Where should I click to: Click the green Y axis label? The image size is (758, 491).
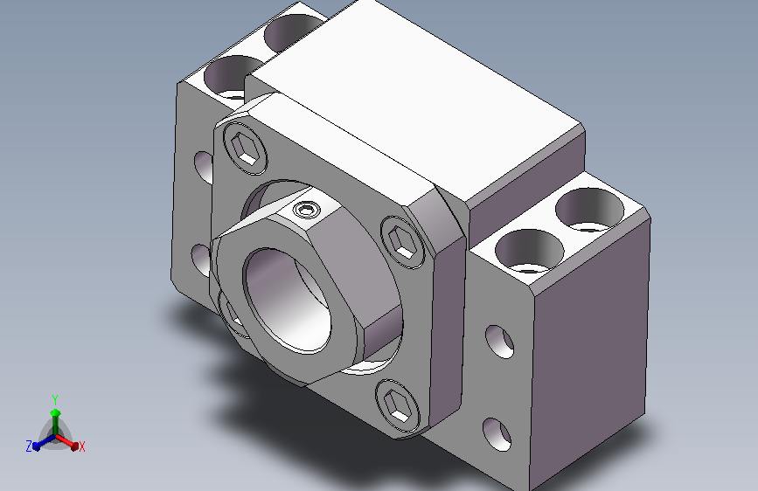(55, 400)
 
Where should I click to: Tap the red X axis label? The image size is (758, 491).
(81, 447)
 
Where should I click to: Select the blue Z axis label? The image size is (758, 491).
(29, 446)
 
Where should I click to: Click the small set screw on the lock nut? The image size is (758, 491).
(305, 211)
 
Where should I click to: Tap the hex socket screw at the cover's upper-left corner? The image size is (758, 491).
(245, 149)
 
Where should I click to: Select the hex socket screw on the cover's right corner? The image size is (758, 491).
(402, 241)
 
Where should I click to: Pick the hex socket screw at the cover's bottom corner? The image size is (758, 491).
(398, 405)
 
